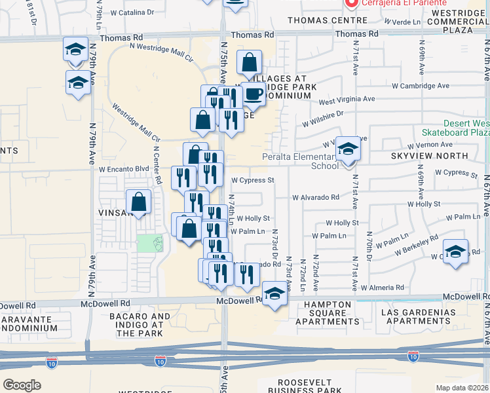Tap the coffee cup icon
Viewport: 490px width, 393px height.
(254, 95)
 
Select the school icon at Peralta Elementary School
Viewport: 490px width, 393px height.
(348, 150)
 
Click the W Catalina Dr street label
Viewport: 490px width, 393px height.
(132, 12)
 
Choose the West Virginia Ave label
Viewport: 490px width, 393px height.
(347, 100)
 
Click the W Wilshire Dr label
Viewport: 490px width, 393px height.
(322, 118)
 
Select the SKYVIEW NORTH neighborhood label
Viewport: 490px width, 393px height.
(429, 156)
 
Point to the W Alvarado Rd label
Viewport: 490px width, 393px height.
(316, 196)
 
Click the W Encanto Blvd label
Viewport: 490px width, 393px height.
(124, 168)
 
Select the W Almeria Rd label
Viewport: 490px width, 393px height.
(383, 288)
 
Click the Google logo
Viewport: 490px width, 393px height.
(22, 385)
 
